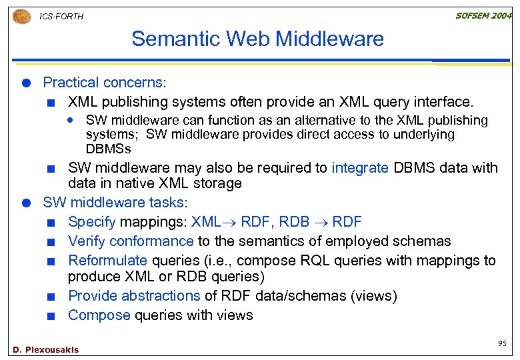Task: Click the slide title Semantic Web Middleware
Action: (257, 39)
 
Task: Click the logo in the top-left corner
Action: (21, 16)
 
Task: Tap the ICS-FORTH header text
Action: (62, 17)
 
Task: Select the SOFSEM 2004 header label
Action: (483, 16)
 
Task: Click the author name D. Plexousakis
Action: (45, 349)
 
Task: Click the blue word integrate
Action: (359, 168)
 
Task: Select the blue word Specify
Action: (91, 222)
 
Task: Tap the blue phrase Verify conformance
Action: (131, 241)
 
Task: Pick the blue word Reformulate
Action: (107, 261)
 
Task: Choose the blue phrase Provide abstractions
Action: (134, 295)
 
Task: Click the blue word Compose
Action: (99, 315)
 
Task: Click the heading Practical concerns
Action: (103, 83)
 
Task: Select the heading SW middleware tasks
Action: (113, 203)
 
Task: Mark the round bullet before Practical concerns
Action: (25, 83)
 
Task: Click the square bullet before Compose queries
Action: (51, 315)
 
